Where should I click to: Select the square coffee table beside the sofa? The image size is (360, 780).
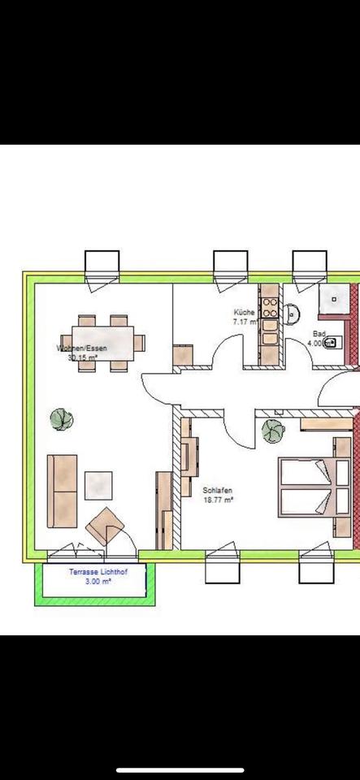click(98, 486)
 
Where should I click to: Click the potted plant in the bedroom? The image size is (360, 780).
click(271, 431)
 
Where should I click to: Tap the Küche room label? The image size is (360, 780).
click(245, 312)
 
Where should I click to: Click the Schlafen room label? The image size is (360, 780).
click(219, 491)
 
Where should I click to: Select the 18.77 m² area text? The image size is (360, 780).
click(219, 501)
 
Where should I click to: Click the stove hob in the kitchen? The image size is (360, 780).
click(271, 312)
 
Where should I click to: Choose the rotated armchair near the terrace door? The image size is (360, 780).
click(105, 525)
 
